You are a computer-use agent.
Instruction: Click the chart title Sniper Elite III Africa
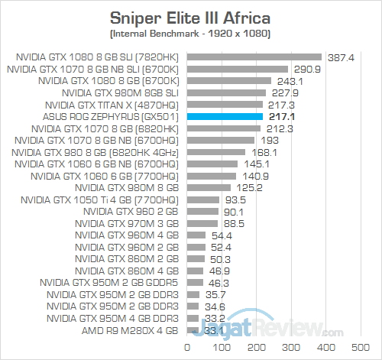[x=190, y=17]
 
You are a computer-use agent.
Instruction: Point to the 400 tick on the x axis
[x=326, y=349]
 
